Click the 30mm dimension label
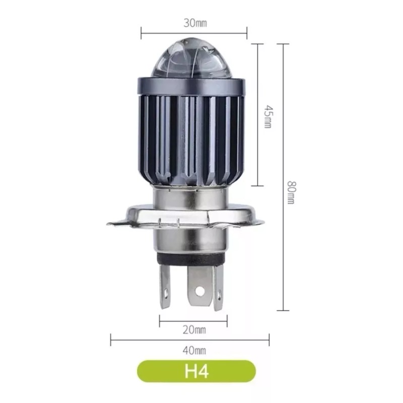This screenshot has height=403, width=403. pyautogui.click(x=195, y=23)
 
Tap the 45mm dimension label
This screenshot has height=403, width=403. pyautogui.click(x=268, y=116)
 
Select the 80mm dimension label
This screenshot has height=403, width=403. pyautogui.click(x=291, y=192)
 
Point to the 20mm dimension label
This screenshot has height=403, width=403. pyautogui.click(x=194, y=330)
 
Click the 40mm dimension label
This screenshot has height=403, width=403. pyautogui.click(x=194, y=350)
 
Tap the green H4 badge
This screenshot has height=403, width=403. pyautogui.click(x=196, y=371)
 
